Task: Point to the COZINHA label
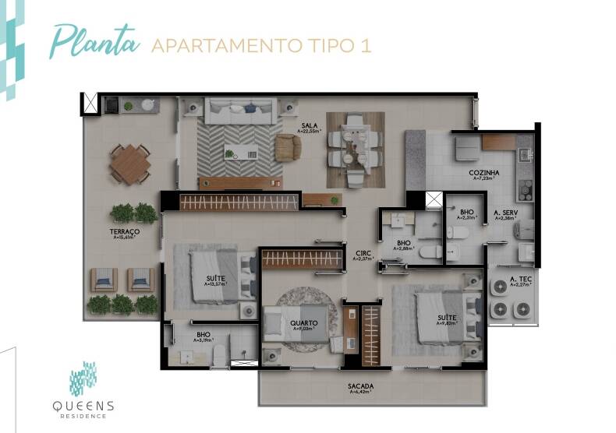pos(484,172)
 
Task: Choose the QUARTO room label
pos(303,322)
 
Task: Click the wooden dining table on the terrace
pos(129,164)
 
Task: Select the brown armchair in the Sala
pos(287,146)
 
